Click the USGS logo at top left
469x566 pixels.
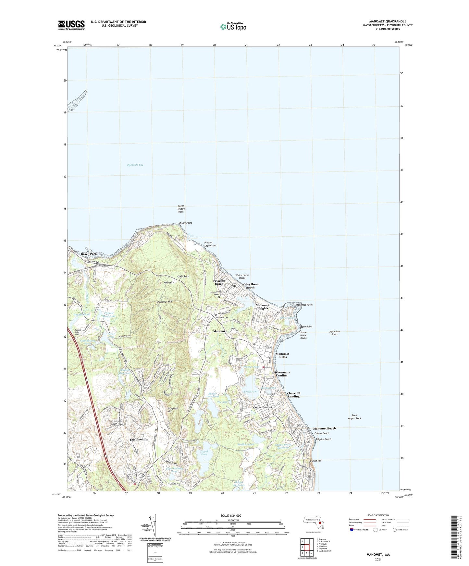(x=71, y=25)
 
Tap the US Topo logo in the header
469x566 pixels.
(x=233, y=27)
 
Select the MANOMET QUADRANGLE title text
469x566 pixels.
(x=388, y=21)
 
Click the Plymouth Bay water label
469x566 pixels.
(x=135, y=165)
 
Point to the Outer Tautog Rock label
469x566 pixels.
(x=181, y=209)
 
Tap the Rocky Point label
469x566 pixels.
(x=186, y=223)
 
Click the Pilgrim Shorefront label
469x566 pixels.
(x=210, y=244)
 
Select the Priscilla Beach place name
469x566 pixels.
(x=219, y=282)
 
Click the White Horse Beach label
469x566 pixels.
(x=250, y=286)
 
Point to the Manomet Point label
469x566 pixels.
(x=304, y=305)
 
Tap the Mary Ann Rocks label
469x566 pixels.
(x=334, y=333)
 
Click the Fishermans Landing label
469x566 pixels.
(x=281, y=374)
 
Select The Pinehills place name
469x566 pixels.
(x=139, y=440)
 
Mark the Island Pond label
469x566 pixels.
(x=204, y=453)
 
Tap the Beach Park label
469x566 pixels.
(x=89, y=254)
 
